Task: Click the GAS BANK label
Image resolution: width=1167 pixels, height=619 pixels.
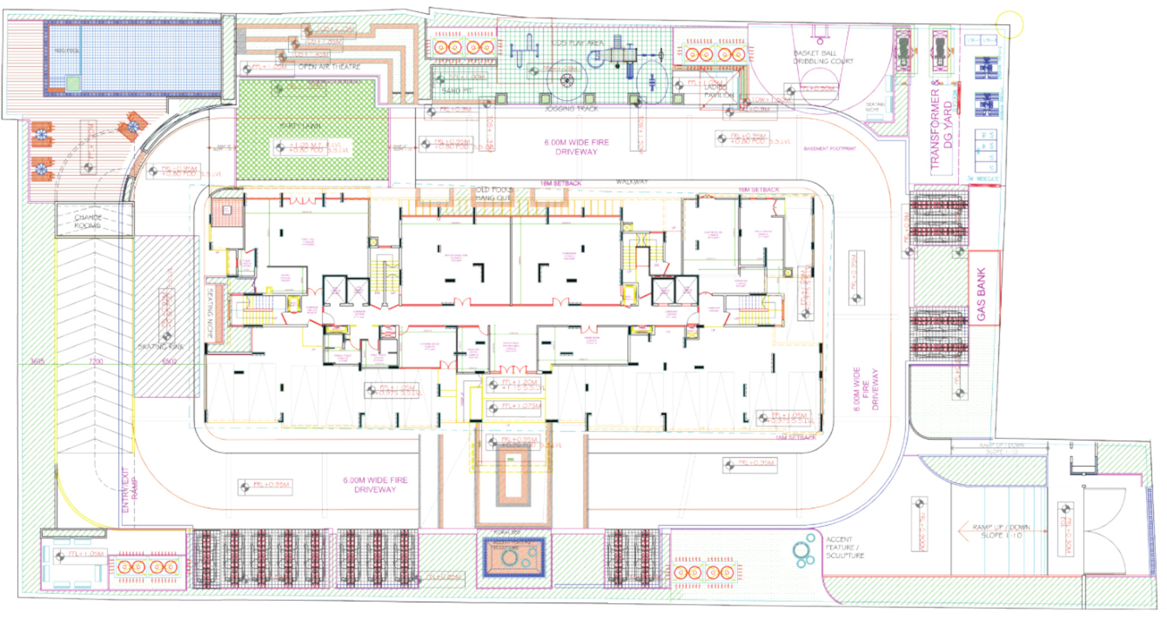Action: pos(981,294)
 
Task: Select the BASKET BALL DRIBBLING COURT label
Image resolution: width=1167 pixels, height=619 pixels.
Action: pos(823,57)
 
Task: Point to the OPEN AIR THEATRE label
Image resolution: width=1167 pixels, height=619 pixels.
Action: pos(329,67)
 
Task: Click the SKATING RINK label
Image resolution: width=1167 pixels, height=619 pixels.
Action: pos(160,347)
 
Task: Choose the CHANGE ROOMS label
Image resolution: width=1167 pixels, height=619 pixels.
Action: pos(88,221)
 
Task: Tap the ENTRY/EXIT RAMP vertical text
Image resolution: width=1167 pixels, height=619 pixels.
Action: pos(129,490)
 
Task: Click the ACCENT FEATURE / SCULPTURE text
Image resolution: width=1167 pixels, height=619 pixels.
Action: pos(844,547)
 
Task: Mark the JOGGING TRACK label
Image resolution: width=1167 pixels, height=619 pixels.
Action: pos(571,109)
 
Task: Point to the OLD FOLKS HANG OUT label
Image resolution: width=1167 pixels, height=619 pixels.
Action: pos(494,193)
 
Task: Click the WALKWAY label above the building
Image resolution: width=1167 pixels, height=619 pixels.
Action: pos(632,182)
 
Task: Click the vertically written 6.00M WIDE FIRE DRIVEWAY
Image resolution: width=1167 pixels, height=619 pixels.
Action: pos(866,389)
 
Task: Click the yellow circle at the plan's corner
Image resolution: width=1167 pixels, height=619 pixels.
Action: pos(1009,25)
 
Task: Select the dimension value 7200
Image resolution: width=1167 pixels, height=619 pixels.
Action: pos(96,362)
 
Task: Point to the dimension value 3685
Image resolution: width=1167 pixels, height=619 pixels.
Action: pos(37,362)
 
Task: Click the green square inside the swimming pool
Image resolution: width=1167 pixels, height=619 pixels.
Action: pos(73,84)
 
